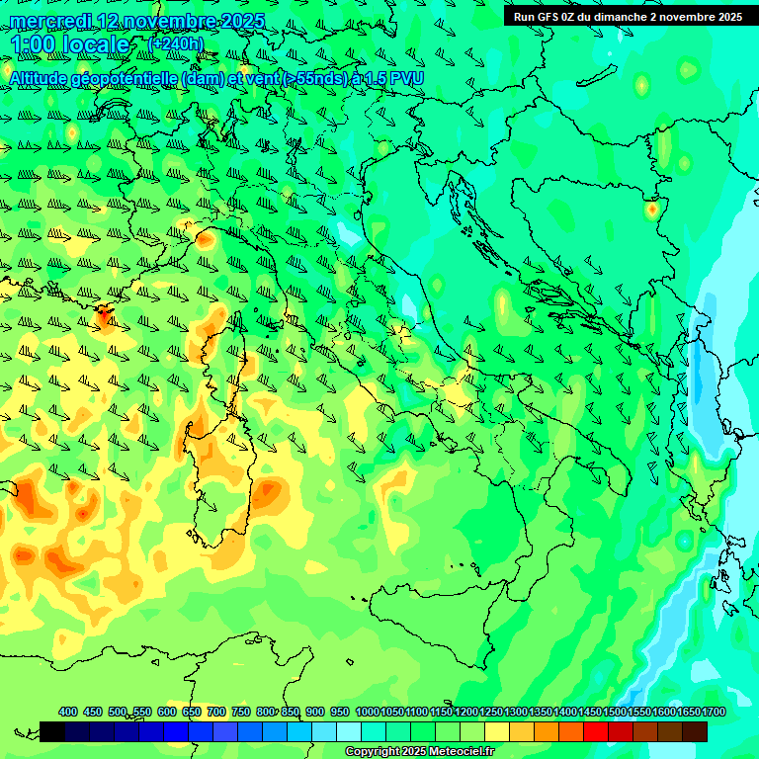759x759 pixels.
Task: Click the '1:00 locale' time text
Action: coord(69,45)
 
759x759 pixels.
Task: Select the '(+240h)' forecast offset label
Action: coord(176,44)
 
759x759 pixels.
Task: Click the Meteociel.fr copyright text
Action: coord(419,752)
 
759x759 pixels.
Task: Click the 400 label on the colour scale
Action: coord(68,712)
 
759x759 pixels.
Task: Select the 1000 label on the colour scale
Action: coord(367,712)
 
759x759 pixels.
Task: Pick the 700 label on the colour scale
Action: coord(216,712)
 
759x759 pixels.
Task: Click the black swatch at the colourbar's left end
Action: coord(52,731)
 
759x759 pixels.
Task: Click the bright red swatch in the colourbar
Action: coord(596,731)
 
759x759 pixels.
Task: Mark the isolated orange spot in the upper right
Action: coord(651,209)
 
